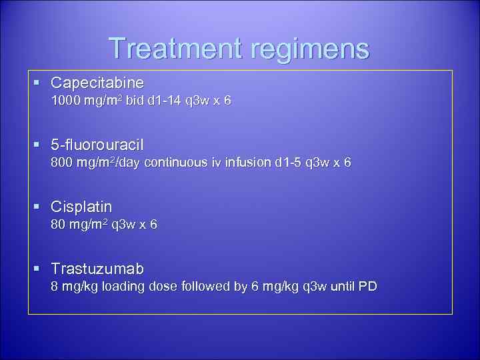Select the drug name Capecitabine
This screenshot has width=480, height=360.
click(97, 83)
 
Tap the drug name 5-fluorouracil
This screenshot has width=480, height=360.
click(97, 145)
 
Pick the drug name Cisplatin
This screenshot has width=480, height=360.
click(81, 207)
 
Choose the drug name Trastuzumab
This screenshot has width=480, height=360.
click(97, 268)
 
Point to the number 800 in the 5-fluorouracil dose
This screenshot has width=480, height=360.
click(63, 163)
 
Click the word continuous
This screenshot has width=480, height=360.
click(180, 163)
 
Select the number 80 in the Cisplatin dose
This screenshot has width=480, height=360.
click(59, 225)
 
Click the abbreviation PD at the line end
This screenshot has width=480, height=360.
click(367, 287)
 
